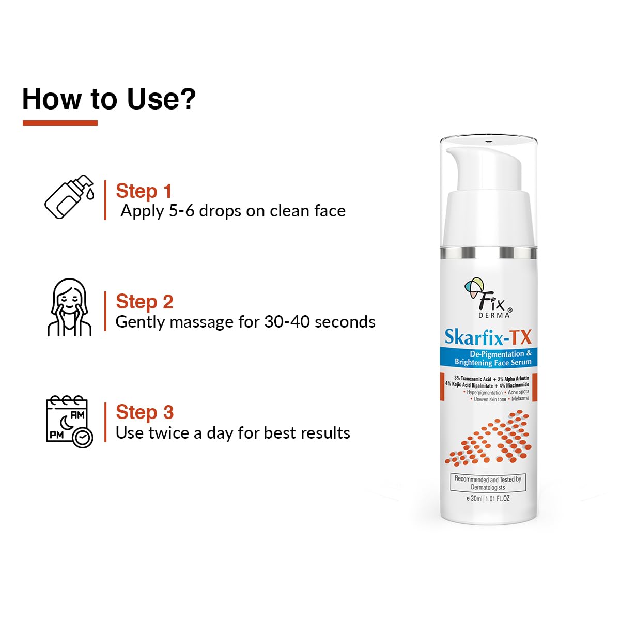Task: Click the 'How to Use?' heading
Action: (x=109, y=99)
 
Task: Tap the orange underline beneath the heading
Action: (x=60, y=123)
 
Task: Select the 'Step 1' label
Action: (x=144, y=191)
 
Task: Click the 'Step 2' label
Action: (x=144, y=301)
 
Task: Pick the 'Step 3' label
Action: (x=144, y=412)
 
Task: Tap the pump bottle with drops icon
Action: (x=69, y=197)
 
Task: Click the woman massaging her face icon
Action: (x=69, y=308)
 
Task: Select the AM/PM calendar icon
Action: (x=69, y=421)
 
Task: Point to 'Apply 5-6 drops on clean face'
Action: (x=233, y=211)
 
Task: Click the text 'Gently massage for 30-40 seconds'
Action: (x=245, y=322)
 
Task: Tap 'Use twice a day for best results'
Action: (x=233, y=433)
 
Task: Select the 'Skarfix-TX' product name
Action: (x=488, y=337)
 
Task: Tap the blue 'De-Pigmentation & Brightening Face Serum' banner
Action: (x=488, y=358)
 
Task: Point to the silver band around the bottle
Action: (x=488, y=253)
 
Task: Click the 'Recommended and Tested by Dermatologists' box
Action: (x=488, y=483)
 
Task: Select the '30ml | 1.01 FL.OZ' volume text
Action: (x=488, y=499)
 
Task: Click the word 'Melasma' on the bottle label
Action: (x=520, y=399)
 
